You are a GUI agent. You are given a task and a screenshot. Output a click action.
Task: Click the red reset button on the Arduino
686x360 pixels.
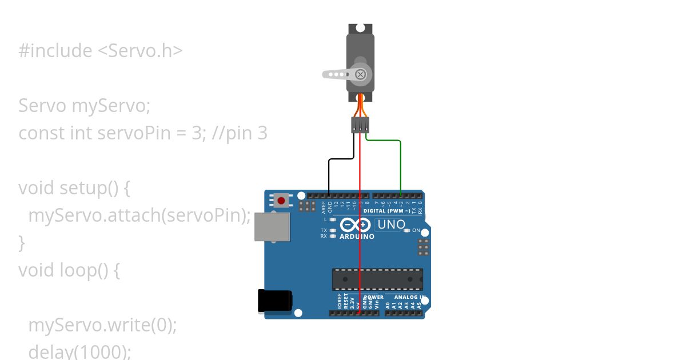pos(281,201)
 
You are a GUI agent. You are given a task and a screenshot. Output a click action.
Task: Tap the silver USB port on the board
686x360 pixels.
pos(272,227)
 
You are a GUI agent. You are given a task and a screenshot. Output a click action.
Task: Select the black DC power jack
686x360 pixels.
pos(274,301)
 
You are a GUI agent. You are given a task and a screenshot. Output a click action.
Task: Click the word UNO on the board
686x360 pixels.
pos(392,225)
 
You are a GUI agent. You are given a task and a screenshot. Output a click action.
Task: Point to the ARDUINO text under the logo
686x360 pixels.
pos(357,236)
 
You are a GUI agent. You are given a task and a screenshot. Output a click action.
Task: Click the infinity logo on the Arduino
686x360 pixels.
pos(356,225)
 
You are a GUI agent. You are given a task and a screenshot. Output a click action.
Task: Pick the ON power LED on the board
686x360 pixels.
pos(407,230)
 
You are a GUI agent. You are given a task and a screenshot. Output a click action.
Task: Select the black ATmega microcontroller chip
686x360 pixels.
pos(378,279)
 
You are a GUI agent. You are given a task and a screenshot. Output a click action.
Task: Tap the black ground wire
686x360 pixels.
pos(329,174)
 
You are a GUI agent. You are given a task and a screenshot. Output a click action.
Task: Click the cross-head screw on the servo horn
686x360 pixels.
pos(360,74)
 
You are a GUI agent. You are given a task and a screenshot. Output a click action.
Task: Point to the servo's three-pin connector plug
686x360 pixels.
pos(360,125)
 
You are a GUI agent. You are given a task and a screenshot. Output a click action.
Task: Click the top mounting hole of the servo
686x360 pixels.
pos(360,27)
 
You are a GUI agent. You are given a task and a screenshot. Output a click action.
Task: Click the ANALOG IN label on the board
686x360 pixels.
pos(408,297)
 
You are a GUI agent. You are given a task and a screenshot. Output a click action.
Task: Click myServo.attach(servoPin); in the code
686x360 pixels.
pos(139,215)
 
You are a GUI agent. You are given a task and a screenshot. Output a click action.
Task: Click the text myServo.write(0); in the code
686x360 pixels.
pos(102,325)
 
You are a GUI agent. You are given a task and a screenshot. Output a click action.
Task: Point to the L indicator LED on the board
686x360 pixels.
pos(333,219)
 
